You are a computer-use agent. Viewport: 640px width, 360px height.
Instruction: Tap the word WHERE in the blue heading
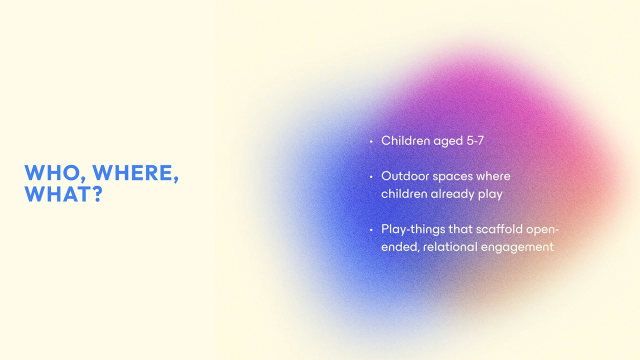[x=135, y=173]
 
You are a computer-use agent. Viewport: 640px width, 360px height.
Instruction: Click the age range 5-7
[x=475, y=141]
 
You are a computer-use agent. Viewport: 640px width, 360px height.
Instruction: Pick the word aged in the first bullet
[x=448, y=141]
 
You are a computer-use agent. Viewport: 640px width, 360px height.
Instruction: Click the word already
[x=451, y=194]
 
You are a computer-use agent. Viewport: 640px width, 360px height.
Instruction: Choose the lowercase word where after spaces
[x=493, y=176]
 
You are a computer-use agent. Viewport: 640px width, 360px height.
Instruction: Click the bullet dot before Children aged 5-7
[x=371, y=142]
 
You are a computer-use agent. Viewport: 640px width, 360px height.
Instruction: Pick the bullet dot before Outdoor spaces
[x=371, y=177]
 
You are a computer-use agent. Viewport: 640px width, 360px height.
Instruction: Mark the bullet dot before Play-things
[x=371, y=230]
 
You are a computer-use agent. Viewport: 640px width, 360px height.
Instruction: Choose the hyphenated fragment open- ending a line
[x=543, y=230]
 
